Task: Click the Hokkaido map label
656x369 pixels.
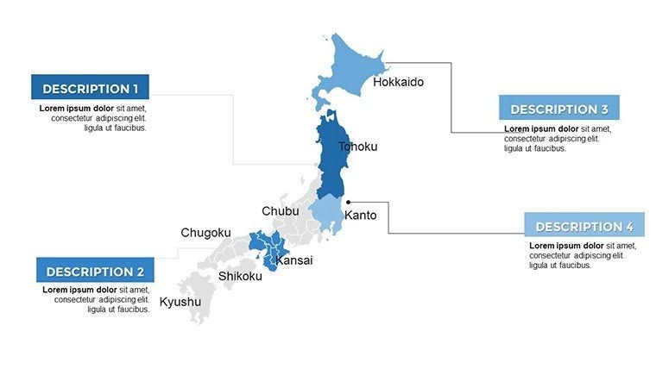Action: coord(398,82)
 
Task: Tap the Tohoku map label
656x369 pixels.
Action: coord(357,147)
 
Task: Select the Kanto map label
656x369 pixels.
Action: coord(360,215)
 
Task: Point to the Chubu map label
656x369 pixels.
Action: coord(281,211)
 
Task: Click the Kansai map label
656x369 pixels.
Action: coord(293,260)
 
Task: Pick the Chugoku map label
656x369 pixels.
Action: coord(205,233)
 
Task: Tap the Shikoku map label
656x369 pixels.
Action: coord(240,276)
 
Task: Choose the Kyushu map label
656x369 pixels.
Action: coord(180,302)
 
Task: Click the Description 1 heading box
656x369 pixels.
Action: coord(90,88)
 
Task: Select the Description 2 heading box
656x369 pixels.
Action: coord(95,271)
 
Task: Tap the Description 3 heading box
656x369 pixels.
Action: coord(558,109)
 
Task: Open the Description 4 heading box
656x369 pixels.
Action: coord(583,226)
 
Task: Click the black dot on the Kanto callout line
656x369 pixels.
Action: coord(348,203)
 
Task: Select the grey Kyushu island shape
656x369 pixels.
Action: coord(193,297)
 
